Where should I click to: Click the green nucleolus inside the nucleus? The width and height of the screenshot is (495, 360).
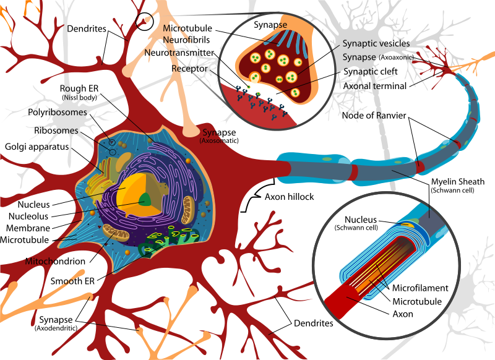point(145,199)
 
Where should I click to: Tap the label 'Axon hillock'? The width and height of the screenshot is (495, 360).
point(289,197)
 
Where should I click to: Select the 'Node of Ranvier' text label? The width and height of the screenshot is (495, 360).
point(374,116)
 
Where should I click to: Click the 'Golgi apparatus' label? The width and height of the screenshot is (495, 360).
point(37,147)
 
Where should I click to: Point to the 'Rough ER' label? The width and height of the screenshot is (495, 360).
point(79,88)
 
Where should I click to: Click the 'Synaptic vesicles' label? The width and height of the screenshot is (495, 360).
point(376,43)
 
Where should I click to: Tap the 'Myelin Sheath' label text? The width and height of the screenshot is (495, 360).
point(458,182)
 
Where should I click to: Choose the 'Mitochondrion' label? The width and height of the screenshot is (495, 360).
point(55,261)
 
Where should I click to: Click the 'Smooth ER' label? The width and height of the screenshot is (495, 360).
point(72,281)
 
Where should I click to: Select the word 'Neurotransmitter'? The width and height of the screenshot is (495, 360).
point(179,53)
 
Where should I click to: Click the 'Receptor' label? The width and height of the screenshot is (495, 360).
point(189,69)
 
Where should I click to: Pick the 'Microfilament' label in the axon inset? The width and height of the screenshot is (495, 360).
point(420,288)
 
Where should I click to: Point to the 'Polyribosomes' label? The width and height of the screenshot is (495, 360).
point(58,113)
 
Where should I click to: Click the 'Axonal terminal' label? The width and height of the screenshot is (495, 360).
point(375,86)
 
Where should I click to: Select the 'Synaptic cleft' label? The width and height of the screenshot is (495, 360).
point(370,72)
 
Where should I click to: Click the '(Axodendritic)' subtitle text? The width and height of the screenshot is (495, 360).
point(56,328)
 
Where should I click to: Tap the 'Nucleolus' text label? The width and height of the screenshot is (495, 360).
point(28,216)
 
